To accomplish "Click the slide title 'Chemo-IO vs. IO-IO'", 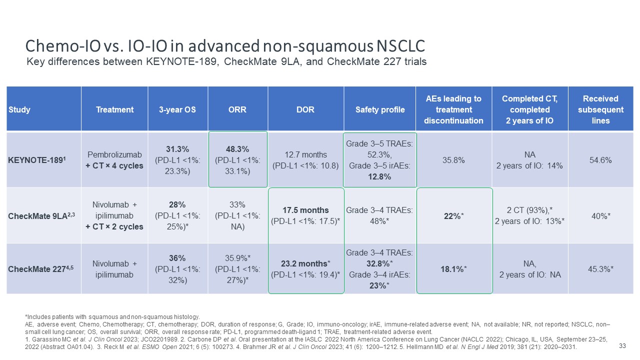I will pyautogui.click(x=225, y=46).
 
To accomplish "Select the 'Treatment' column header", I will pyautogui.click(x=114, y=109).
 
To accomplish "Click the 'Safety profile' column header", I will pyautogui.click(x=379, y=109).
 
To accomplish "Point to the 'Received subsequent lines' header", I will pyautogui.click(x=600, y=109).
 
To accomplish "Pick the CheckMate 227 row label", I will pyautogui.click(x=35, y=269).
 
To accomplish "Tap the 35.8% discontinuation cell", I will pyautogui.click(x=453, y=160).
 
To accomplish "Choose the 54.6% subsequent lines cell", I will pyautogui.click(x=600, y=160).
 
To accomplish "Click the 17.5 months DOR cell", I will pyautogui.click(x=306, y=215).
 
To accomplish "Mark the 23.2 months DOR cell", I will pyautogui.click(x=306, y=269).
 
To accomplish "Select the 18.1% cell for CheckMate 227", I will pyautogui.click(x=453, y=269).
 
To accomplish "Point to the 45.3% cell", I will pyautogui.click(x=600, y=269).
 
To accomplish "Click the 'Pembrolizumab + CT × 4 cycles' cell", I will pyautogui.click(x=114, y=160).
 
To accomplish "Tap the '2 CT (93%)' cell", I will pyautogui.click(x=530, y=215).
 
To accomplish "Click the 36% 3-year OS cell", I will pyautogui.click(x=177, y=269).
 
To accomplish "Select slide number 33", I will pyautogui.click(x=622, y=346).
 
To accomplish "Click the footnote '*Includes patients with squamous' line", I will pyautogui.click(x=112, y=316).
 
